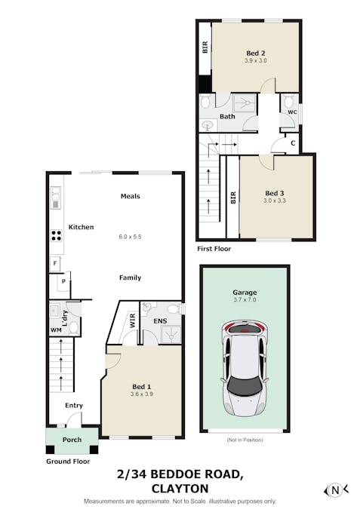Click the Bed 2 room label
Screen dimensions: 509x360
256,53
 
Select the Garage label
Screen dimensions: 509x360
245,292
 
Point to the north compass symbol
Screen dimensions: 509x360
336,490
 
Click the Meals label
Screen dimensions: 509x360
131,196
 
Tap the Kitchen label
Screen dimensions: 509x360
81,227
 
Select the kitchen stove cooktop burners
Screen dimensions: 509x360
56,234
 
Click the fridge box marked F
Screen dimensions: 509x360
55,263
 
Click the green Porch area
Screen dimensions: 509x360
72,440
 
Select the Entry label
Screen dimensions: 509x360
74,405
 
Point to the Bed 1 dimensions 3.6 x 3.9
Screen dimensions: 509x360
142,394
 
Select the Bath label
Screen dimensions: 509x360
227,116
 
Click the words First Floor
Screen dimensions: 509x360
214,248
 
